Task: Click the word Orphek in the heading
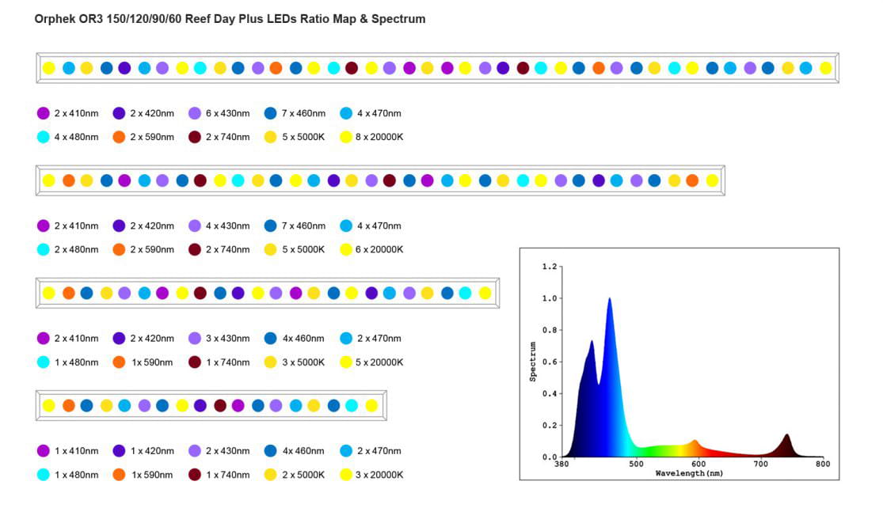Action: [x=55, y=19]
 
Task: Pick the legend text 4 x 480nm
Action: [x=76, y=137]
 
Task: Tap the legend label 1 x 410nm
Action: [x=76, y=451]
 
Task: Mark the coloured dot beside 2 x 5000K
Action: [x=271, y=475]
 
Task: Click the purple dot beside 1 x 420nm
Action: [x=119, y=451]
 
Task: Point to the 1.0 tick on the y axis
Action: [x=549, y=298]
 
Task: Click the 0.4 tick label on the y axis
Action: [x=549, y=393]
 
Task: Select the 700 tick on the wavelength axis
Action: [x=759, y=464]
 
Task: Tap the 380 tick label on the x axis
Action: [x=561, y=464]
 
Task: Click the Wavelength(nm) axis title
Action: [x=689, y=473]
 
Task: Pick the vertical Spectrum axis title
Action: [x=533, y=362]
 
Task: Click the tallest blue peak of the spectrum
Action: [x=609, y=300]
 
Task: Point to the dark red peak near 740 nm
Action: [x=786, y=436]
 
